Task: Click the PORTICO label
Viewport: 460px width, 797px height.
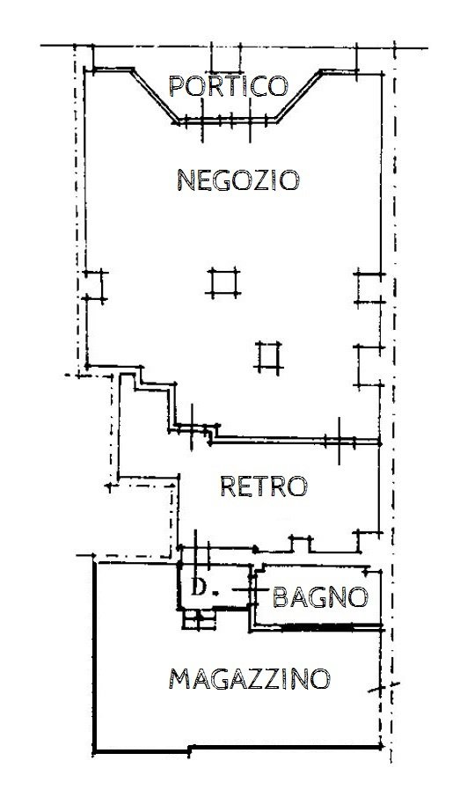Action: [229, 86]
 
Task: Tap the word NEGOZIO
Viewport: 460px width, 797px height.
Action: [238, 180]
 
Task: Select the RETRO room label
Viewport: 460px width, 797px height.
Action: [263, 486]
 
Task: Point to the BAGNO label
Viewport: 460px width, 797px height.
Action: [318, 597]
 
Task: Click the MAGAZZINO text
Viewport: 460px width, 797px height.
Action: [250, 679]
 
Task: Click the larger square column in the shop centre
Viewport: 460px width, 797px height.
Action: [223, 282]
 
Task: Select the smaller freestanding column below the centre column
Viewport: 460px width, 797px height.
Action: [267, 355]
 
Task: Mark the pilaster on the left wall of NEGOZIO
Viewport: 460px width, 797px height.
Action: [95, 286]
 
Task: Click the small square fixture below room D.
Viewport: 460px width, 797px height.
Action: [199, 620]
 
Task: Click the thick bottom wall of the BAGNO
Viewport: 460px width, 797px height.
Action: [317, 627]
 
